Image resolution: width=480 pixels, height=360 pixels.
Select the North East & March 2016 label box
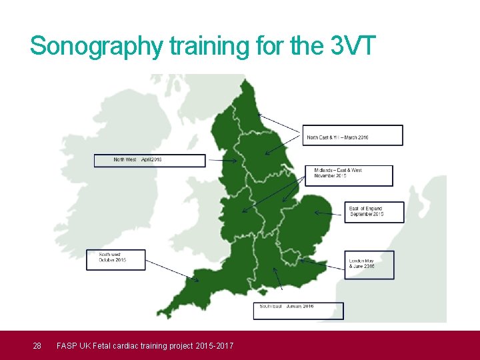pos(353,135)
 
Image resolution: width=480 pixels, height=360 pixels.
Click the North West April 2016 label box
pos(149,161)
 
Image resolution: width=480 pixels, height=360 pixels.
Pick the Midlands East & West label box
pos(349,175)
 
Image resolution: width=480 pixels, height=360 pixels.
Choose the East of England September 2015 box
pos(375,212)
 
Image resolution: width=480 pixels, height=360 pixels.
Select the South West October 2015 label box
pos(115,259)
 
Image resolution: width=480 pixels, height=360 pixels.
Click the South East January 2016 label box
pos(298,311)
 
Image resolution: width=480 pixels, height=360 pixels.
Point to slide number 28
pos(37,345)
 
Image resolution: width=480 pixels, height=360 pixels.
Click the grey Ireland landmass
pos(100,193)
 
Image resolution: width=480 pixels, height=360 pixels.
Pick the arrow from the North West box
pos(220,161)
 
